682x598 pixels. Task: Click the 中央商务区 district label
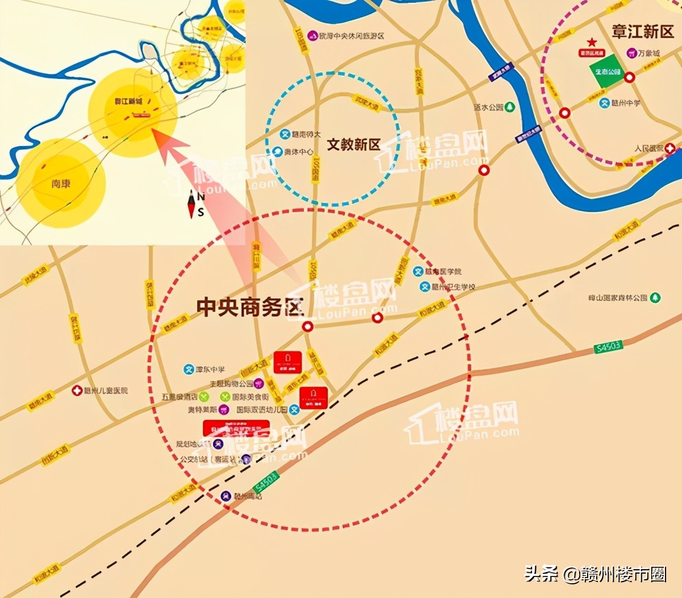coord(250,307)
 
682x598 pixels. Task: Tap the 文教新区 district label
coord(354,144)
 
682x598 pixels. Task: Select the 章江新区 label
coord(642,31)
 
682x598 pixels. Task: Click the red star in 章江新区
coord(592,43)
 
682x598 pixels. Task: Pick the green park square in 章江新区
coord(607,72)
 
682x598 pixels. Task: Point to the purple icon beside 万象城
coord(631,53)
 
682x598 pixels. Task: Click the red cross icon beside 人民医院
coord(671,149)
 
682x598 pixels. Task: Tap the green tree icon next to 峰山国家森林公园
coord(655,297)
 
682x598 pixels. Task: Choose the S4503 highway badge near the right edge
coord(608,346)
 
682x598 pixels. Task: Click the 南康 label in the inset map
coord(60,184)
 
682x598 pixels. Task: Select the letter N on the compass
coord(201,197)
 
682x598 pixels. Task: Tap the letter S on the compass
coord(201,213)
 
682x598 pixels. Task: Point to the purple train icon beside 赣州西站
coord(226,496)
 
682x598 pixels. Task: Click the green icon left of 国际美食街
coord(225,397)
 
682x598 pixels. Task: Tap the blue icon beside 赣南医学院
coord(418,272)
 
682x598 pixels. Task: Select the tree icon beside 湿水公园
coord(510,107)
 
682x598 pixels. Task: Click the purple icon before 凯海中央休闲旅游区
coord(312,36)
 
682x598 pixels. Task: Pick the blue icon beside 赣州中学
coord(605,103)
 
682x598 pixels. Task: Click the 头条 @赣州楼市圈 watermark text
coord(595,574)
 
